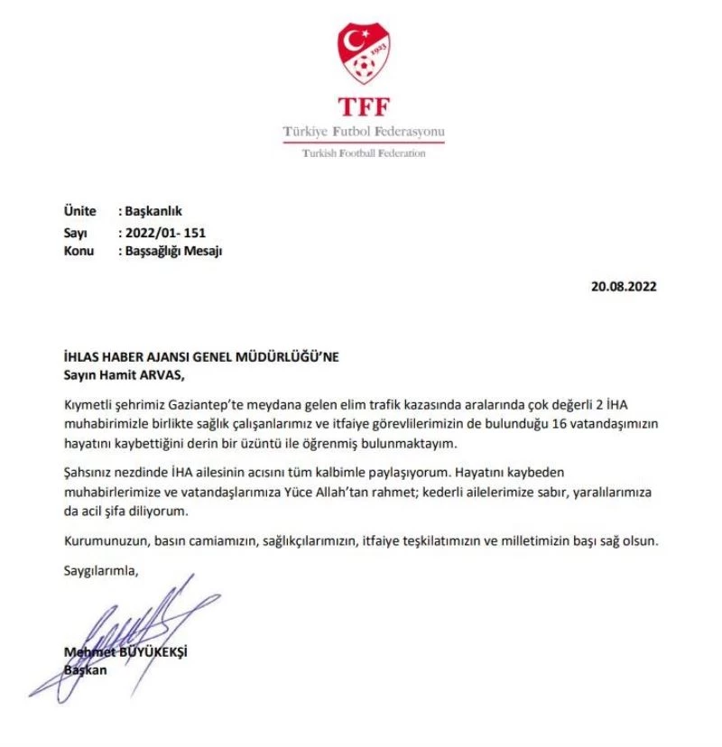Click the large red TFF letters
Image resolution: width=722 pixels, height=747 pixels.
[x=364, y=106]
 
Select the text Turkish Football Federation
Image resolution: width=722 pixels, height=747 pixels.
[x=364, y=153]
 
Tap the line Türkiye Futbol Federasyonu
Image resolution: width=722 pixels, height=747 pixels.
[x=364, y=132]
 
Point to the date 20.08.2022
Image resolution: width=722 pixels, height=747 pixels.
[x=624, y=287]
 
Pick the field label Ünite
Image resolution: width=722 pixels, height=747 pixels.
[x=79, y=211]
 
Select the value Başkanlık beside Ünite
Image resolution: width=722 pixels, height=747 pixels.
[x=153, y=211]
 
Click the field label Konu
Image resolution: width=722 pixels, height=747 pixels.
[x=79, y=252]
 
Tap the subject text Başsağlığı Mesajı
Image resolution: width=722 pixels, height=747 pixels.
[x=172, y=252]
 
